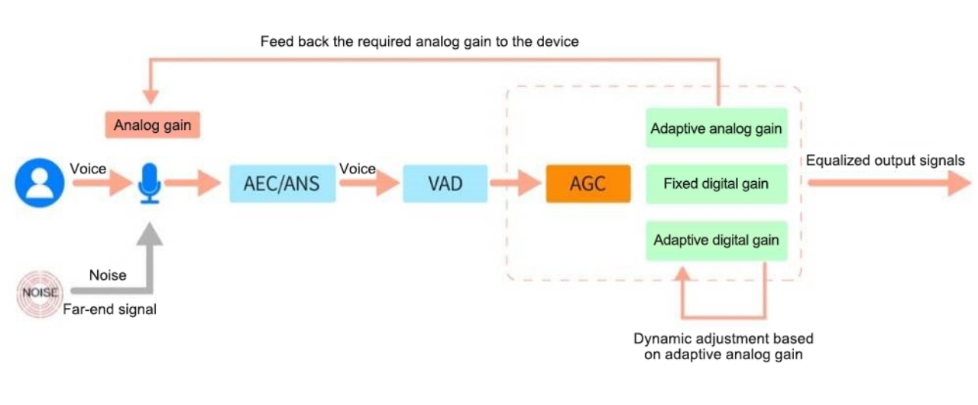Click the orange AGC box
[588, 184]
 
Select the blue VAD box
[445, 184]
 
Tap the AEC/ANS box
[283, 184]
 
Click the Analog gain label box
[152, 125]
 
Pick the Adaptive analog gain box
[716, 128]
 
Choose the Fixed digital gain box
[716, 184]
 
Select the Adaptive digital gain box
[716, 240]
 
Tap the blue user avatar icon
[39, 183]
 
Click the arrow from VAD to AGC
[516, 183]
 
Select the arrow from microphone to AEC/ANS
[193, 183]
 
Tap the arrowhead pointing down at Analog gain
[151, 96]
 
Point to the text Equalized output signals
[885, 160]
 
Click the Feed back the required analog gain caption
[419, 42]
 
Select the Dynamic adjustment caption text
[723, 346]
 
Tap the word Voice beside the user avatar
[89, 168]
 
